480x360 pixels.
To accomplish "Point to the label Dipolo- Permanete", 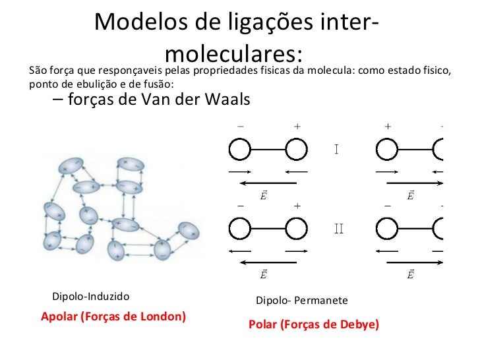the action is (301, 301).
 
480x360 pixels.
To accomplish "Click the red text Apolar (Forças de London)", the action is (113, 316).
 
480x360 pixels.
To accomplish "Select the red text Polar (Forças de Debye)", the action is (314, 325).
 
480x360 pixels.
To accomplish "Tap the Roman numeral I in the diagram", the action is (336, 149).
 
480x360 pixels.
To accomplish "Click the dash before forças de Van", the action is (53, 100).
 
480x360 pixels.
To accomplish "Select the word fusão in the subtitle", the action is (158, 84).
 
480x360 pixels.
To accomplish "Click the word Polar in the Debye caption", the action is (264, 325).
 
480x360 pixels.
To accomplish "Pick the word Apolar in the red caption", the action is (59, 316).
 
